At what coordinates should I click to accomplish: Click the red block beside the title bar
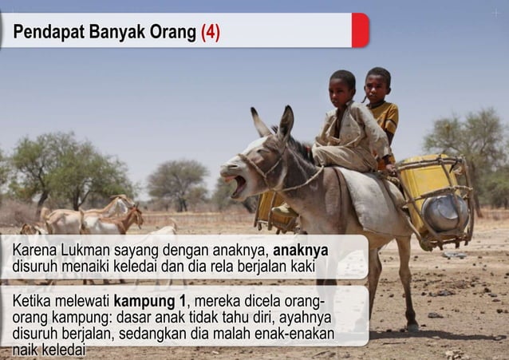(360, 30)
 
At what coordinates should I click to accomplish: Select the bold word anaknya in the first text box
(300, 251)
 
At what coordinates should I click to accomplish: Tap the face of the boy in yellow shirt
(377, 85)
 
